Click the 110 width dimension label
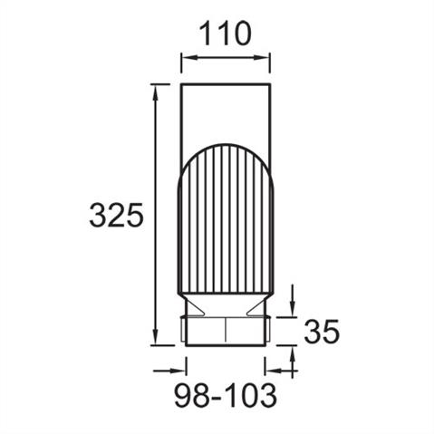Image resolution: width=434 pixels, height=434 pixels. [226, 34]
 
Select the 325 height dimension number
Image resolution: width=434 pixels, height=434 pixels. [116, 215]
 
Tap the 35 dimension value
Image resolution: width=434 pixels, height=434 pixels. [322, 332]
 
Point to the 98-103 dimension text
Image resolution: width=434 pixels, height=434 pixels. [226, 395]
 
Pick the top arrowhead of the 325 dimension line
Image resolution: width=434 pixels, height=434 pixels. [156, 92]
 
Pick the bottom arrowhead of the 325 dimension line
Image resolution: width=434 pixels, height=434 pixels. [156, 337]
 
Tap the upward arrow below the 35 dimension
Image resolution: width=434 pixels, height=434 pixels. [293, 362]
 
